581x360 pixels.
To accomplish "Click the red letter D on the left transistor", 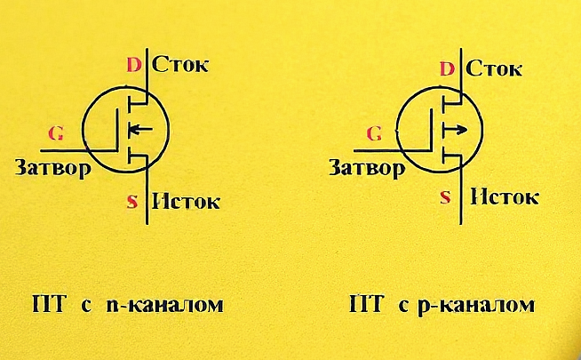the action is (134, 65).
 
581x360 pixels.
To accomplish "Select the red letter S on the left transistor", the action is (132, 202).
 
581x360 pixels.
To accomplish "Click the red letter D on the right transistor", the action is (448, 68).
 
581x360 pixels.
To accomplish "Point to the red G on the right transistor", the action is (374, 134).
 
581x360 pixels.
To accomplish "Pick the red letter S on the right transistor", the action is (445, 197).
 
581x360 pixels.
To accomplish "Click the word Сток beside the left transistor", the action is (180, 64).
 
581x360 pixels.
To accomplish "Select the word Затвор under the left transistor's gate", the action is (52, 167).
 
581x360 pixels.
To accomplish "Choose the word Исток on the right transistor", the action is (505, 196).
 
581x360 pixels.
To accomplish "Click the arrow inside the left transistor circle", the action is (139, 132).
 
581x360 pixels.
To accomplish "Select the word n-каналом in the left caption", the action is (163, 306).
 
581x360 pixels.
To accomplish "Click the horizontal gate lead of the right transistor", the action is (391, 149).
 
